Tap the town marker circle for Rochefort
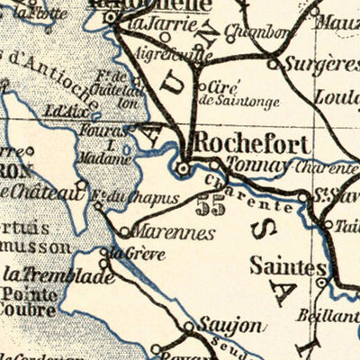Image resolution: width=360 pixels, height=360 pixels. point(184,167)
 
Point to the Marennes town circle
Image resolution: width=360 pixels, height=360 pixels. point(125,231)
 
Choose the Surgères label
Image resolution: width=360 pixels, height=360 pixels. point(319,65)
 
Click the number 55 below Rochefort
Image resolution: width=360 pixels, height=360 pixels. point(214,205)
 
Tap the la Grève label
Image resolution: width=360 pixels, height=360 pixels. point(130,253)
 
